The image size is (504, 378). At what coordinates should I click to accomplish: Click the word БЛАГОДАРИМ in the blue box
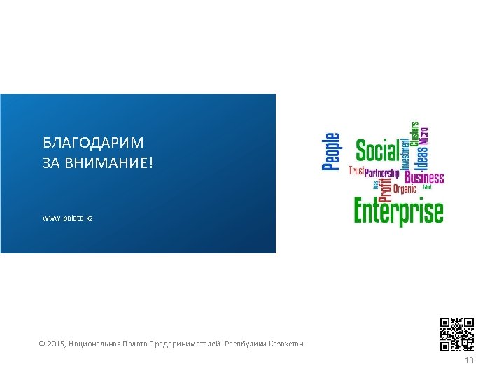pos(93,143)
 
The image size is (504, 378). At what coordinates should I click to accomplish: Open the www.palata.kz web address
pos(68,218)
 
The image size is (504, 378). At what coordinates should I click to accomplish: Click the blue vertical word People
pos(331,152)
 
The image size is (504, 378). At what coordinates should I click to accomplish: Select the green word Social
pos(377,150)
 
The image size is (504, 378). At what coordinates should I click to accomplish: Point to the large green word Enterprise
pos(398,211)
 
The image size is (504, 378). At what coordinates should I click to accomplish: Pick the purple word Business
pos(424,177)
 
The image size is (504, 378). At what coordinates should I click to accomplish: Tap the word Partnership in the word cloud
pos(382,173)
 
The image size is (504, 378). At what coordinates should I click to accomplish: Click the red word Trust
pos(356,171)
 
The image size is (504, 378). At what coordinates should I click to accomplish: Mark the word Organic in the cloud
pos(405,188)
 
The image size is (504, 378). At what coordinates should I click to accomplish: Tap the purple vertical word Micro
pos(423,135)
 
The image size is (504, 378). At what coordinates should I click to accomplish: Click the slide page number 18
pos(469,360)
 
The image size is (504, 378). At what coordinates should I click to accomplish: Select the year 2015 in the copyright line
pos(56,344)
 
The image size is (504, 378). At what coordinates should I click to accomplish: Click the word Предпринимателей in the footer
pos(186,344)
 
